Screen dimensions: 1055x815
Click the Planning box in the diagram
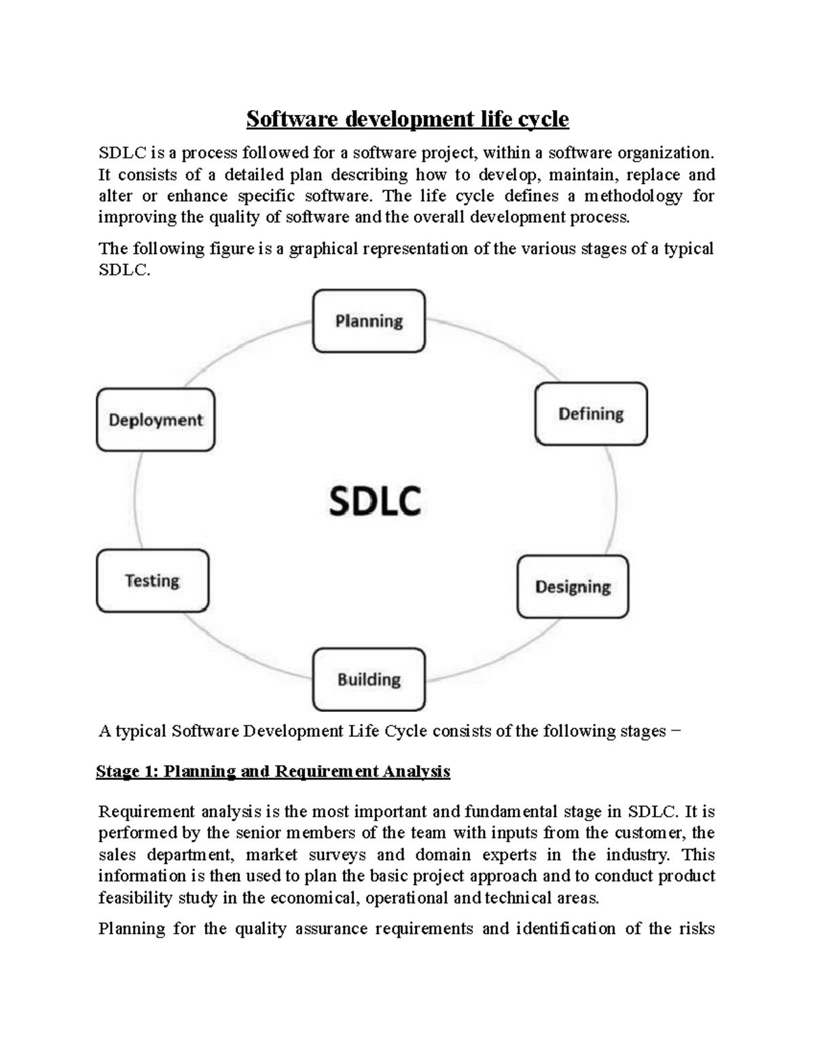(x=369, y=321)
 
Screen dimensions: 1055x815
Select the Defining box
(x=591, y=414)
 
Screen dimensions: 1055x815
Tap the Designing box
(x=573, y=587)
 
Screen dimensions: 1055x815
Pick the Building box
(x=369, y=679)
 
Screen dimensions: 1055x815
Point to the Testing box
(x=153, y=581)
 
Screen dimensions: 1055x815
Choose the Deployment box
(x=156, y=420)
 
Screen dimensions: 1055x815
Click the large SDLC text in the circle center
(x=375, y=501)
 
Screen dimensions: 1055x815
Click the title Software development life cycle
(x=407, y=120)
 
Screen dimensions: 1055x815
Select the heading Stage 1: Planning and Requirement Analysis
(x=273, y=772)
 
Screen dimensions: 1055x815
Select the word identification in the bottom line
(x=566, y=929)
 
